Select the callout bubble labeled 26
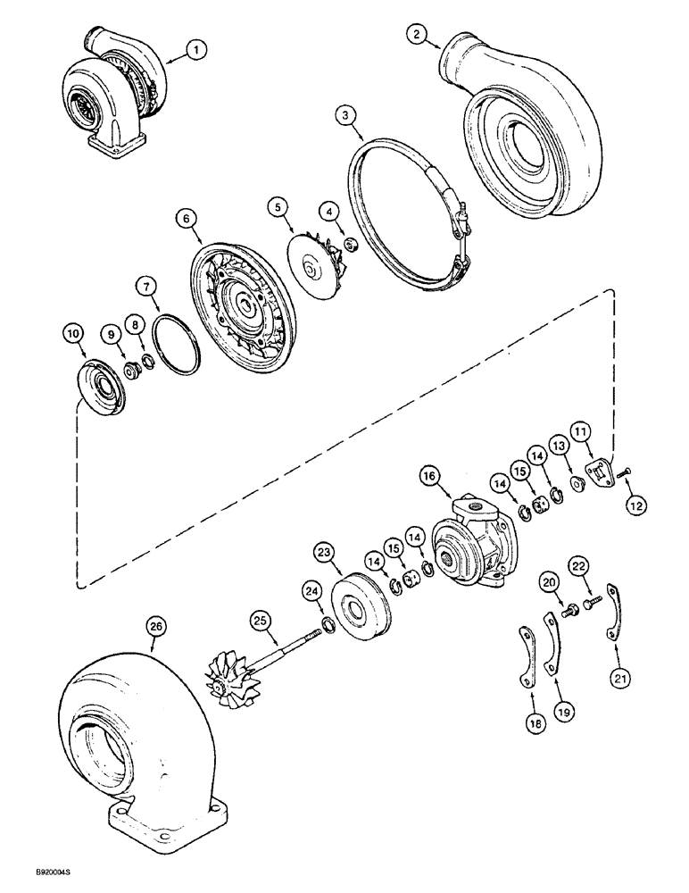156,627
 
